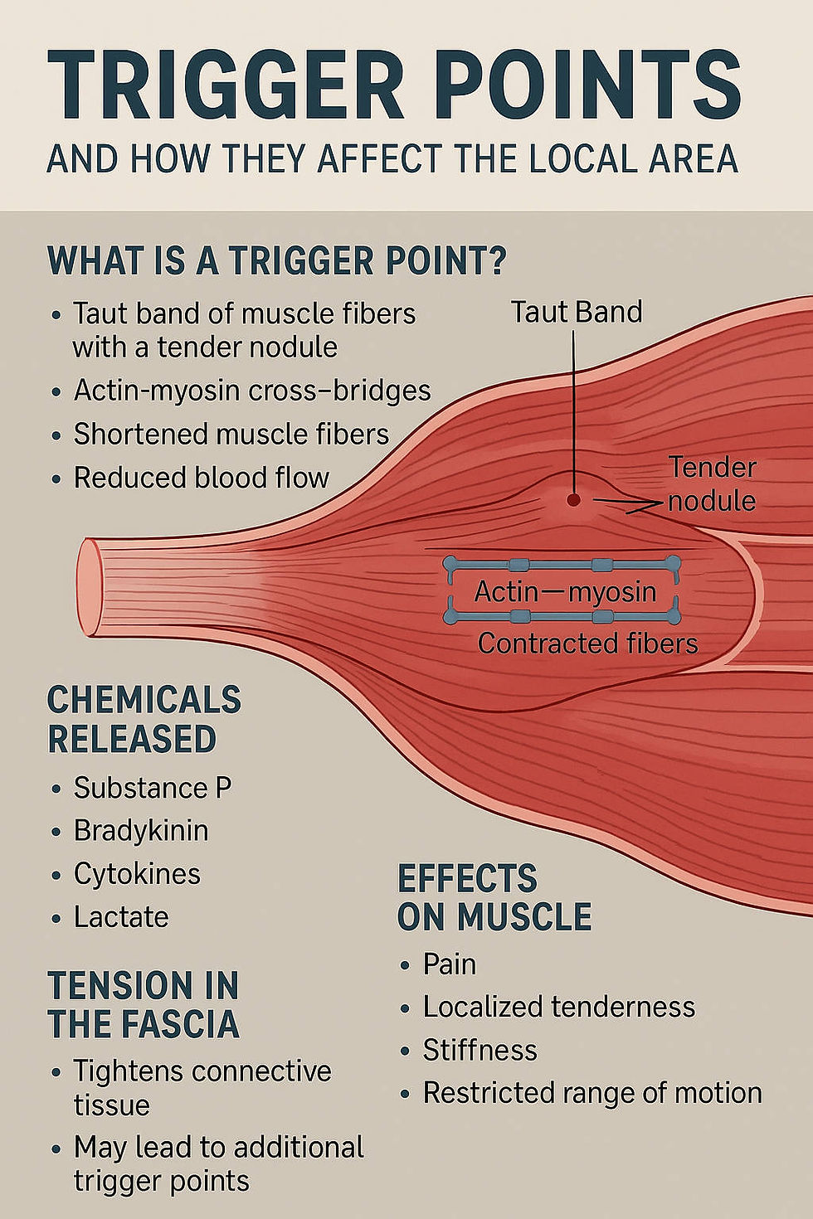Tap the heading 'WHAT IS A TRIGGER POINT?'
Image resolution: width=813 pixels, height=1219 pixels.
tap(277, 260)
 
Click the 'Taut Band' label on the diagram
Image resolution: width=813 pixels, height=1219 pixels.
tap(577, 313)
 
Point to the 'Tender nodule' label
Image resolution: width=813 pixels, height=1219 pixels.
tap(713, 483)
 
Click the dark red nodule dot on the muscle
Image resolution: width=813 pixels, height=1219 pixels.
tap(573, 499)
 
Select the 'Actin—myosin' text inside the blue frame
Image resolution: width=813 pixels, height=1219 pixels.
tap(565, 591)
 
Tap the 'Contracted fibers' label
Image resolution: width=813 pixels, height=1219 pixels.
tap(587, 643)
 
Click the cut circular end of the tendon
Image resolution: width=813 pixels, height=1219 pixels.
tap(89, 586)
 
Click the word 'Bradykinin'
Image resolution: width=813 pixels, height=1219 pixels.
tap(141, 830)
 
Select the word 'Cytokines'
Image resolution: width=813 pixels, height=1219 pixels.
tap(137, 874)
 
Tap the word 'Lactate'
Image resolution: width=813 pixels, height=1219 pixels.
tap(121, 917)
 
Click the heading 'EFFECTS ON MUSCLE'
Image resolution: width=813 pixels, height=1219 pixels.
tap(494, 897)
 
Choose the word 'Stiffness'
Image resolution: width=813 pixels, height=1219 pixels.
tap(480, 1050)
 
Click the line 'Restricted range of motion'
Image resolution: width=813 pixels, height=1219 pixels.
tap(592, 1093)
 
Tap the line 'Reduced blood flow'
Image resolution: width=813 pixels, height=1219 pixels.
tap(202, 478)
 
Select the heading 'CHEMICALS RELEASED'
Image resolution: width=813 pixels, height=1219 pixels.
tap(144, 719)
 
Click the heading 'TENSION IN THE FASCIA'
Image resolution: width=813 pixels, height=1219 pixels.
tap(144, 1004)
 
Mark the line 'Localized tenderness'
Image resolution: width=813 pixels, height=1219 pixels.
tap(559, 1007)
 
